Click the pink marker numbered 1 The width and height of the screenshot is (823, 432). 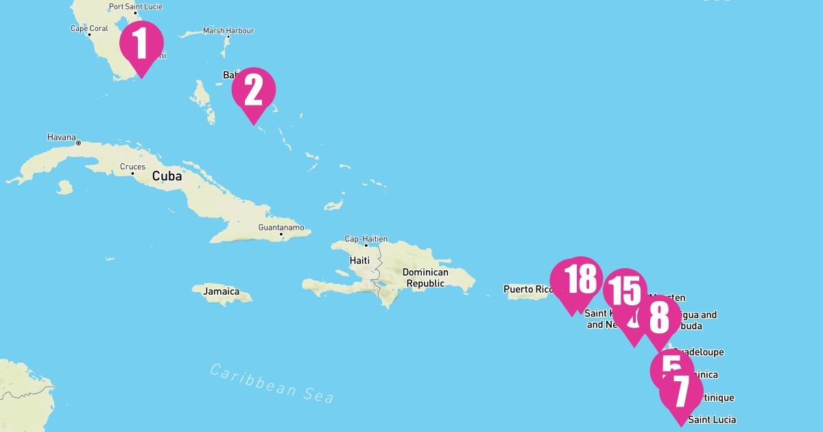coord(141,43)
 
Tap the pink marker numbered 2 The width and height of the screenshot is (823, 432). coord(253,90)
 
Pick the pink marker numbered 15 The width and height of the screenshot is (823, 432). coord(625,290)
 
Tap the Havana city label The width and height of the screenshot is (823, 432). coord(61,137)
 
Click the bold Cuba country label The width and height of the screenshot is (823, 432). coord(167,176)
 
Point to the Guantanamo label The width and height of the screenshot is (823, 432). coord(281,227)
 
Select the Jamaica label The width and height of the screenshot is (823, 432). coord(221,291)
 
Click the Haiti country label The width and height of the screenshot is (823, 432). coord(359,261)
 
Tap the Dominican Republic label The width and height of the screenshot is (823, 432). coord(425,278)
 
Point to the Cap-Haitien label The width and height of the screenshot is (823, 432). coord(366,239)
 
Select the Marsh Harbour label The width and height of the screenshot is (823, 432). coord(228,31)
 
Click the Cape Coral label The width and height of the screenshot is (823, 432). coord(89,29)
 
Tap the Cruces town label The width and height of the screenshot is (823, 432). coord(132,167)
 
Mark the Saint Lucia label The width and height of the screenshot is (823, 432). coord(712,420)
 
